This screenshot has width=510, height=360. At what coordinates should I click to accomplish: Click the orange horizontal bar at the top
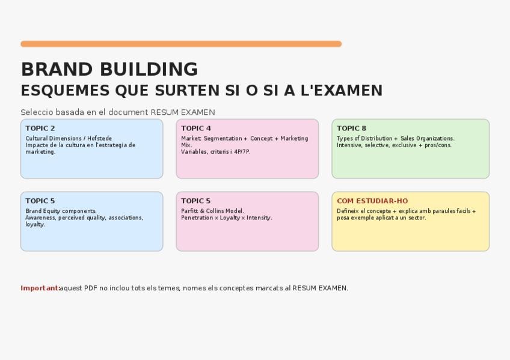click(181, 44)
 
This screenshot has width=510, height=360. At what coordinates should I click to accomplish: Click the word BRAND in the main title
click(57, 69)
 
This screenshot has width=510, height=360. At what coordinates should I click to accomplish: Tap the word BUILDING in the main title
click(149, 69)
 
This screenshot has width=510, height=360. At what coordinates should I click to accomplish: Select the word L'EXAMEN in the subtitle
click(342, 90)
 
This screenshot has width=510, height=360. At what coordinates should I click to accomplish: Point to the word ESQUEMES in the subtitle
click(65, 91)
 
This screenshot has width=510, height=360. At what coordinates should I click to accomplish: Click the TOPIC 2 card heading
click(40, 129)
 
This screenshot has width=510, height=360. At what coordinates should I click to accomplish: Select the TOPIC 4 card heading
click(196, 129)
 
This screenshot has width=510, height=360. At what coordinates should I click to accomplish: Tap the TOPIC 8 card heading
click(351, 129)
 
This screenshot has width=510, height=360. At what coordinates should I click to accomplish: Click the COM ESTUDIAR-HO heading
click(372, 201)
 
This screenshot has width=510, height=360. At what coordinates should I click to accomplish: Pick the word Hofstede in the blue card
click(99, 138)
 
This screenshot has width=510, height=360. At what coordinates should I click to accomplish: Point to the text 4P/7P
click(242, 151)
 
